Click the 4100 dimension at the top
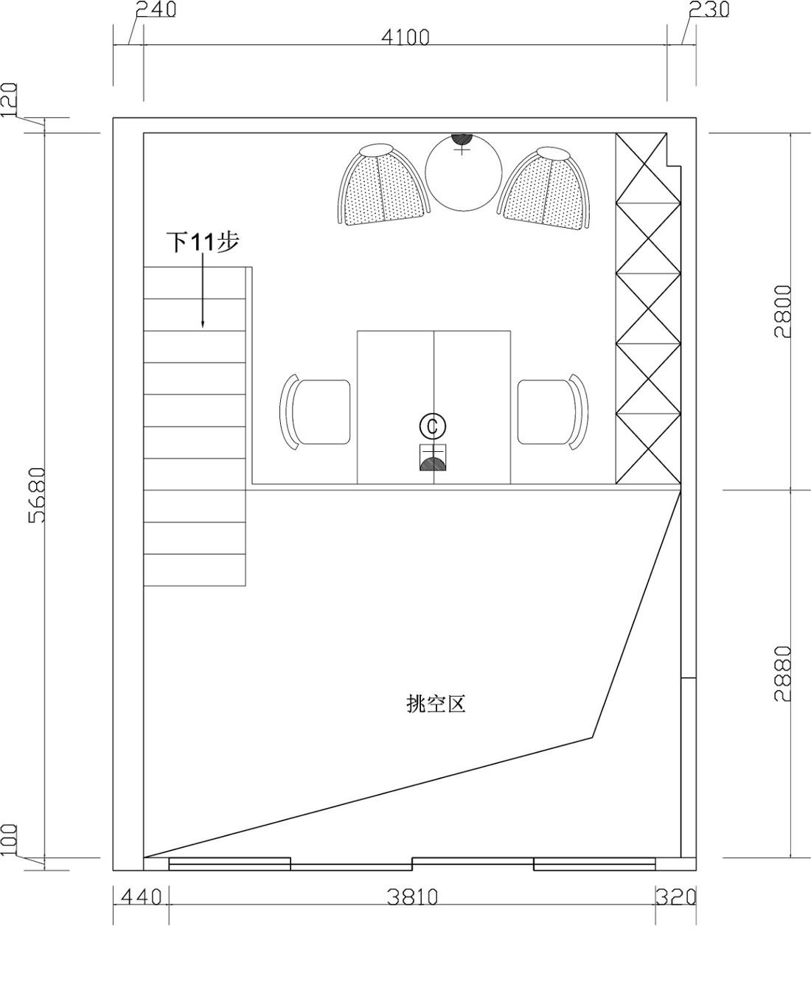(x=407, y=37)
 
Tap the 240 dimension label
(x=156, y=10)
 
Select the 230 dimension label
(x=709, y=10)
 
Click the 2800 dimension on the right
(x=783, y=310)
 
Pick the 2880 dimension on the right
(x=783, y=673)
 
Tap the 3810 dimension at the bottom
(x=413, y=897)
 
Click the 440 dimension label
(x=141, y=897)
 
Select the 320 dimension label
(x=676, y=897)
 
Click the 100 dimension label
(x=10, y=840)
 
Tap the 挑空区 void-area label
(x=436, y=704)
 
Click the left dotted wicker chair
(x=383, y=187)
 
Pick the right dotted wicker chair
(x=547, y=189)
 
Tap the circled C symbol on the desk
(x=433, y=425)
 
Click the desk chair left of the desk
(x=316, y=411)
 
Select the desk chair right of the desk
(x=553, y=411)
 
